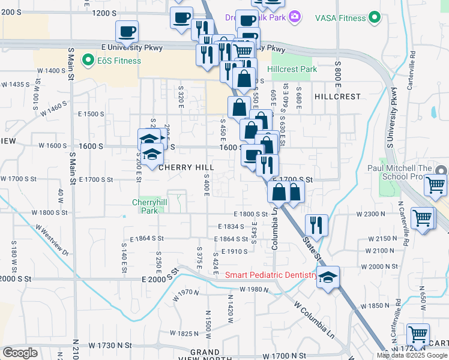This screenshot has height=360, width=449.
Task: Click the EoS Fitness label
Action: pyautogui.click(x=121, y=61)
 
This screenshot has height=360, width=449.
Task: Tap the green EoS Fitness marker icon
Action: pyautogui.click(x=88, y=60)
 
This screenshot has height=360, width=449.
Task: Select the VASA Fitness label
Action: pyautogui.click(x=340, y=18)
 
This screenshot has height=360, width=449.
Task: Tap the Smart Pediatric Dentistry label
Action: pyautogui.click(x=271, y=275)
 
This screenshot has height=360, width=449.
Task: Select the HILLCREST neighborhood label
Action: pyautogui.click(x=337, y=96)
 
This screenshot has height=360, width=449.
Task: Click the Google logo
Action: pyautogui.click(x=20, y=353)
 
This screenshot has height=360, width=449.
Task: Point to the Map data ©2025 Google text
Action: pyautogui.click(x=412, y=355)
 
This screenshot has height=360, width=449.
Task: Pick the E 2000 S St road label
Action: pyautogui.click(x=161, y=277)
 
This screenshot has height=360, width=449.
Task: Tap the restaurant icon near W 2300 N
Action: pyautogui.click(x=316, y=225)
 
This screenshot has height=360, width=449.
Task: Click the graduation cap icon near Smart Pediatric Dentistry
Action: pyautogui.click(x=328, y=277)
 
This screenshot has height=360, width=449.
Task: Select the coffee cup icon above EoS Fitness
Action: pyautogui.click(x=127, y=31)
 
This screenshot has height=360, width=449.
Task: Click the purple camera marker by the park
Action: pyautogui.click(x=294, y=17)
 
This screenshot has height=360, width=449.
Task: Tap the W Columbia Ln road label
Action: pyautogui.click(x=314, y=317)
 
